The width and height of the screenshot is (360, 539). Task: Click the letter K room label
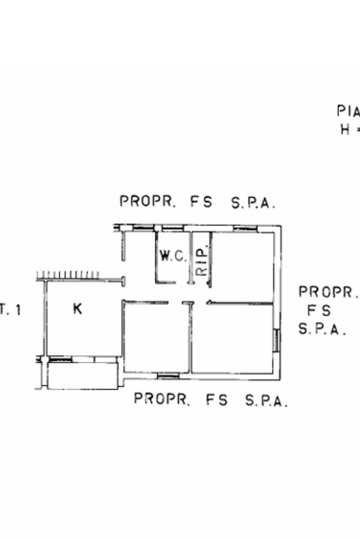point(77,309)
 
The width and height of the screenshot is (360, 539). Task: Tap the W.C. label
point(173,257)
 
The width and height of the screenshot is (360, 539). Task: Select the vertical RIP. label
point(201,261)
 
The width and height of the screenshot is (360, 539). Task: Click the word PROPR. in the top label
point(148,201)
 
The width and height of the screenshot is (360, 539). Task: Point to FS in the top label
point(202,202)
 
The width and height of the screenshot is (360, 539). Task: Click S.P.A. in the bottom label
point(267,401)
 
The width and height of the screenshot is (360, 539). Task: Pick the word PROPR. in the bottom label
point(161,399)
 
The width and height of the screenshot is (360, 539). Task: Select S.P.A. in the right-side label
point(322,329)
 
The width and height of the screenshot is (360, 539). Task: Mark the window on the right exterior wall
point(276,339)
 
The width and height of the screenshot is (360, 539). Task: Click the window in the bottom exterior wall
point(168,376)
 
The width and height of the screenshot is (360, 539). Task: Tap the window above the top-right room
point(245,228)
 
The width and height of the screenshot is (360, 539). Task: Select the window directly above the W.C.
point(172,228)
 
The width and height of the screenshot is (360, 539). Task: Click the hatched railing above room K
point(69,275)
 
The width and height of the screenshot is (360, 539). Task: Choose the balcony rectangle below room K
point(82,376)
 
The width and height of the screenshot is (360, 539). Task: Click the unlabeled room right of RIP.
point(242,266)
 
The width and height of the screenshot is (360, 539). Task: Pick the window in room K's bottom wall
point(61,359)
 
